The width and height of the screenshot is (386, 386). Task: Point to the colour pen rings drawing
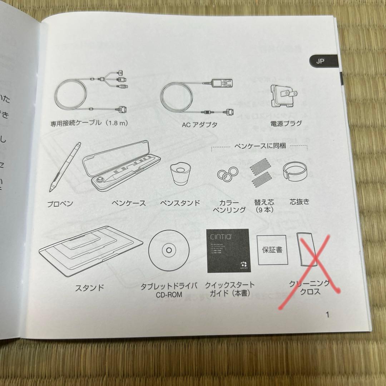point(228,174)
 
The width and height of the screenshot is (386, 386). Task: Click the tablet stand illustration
point(91,250)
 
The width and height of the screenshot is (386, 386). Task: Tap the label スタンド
point(89,287)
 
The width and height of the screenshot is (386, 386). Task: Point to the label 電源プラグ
point(286,124)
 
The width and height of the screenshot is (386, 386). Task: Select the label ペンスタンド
point(180,203)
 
